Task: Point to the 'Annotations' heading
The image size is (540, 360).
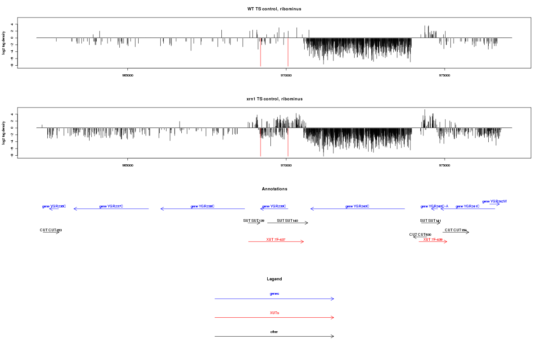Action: click(274, 189)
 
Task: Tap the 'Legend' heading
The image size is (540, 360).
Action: click(274, 279)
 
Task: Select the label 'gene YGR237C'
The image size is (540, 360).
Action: click(111, 206)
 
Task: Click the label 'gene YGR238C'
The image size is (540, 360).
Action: click(202, 206)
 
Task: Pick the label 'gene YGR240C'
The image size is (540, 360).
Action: click(357, 206)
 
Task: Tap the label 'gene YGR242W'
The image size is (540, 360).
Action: click(494, 201)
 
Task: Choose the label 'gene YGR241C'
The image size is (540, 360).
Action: click(468, 206)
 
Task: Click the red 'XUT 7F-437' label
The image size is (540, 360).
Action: click(276, 239)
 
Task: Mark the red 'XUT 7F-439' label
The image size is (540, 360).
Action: click(433, 239)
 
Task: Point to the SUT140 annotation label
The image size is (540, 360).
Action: click(288, 220)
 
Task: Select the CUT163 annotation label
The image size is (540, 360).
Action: click(51, 230)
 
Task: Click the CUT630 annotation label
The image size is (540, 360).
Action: click(420, 234)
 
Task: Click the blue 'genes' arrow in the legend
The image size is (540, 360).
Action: click(274, 299)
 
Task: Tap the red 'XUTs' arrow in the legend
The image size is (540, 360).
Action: click(274, 318)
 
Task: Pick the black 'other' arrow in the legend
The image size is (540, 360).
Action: click(274, 336)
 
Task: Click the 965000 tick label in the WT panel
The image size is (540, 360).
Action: click(128, 75)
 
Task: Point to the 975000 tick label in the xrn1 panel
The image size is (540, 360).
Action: click(445, 165)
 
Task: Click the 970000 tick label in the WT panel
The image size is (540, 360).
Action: click(286, 75)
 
